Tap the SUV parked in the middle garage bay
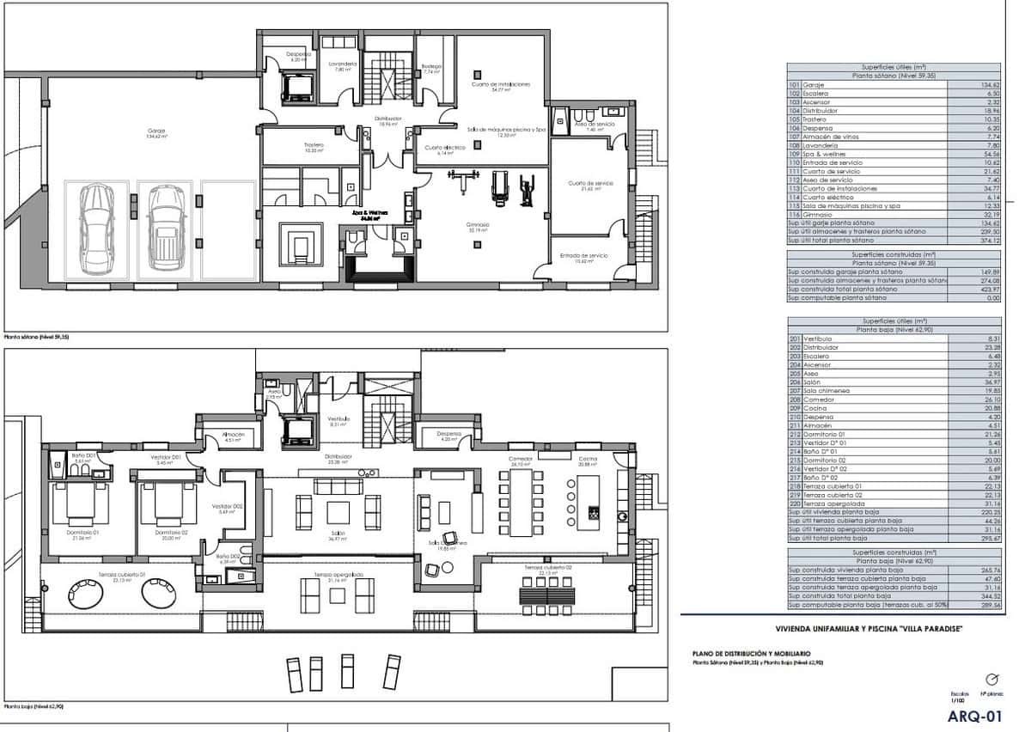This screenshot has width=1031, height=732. tap(163, 225)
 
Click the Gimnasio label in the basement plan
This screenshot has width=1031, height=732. tap(479, 227)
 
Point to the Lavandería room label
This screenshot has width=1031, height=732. tap(343, 66)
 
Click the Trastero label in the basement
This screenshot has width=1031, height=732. tap(313, 147)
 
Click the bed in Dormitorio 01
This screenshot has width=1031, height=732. tap(81, 504)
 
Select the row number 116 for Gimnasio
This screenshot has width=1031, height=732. tap(794, 214)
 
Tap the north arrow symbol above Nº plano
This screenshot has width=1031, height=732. tap(991, 679)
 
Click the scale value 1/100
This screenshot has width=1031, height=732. tap(959, 699)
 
